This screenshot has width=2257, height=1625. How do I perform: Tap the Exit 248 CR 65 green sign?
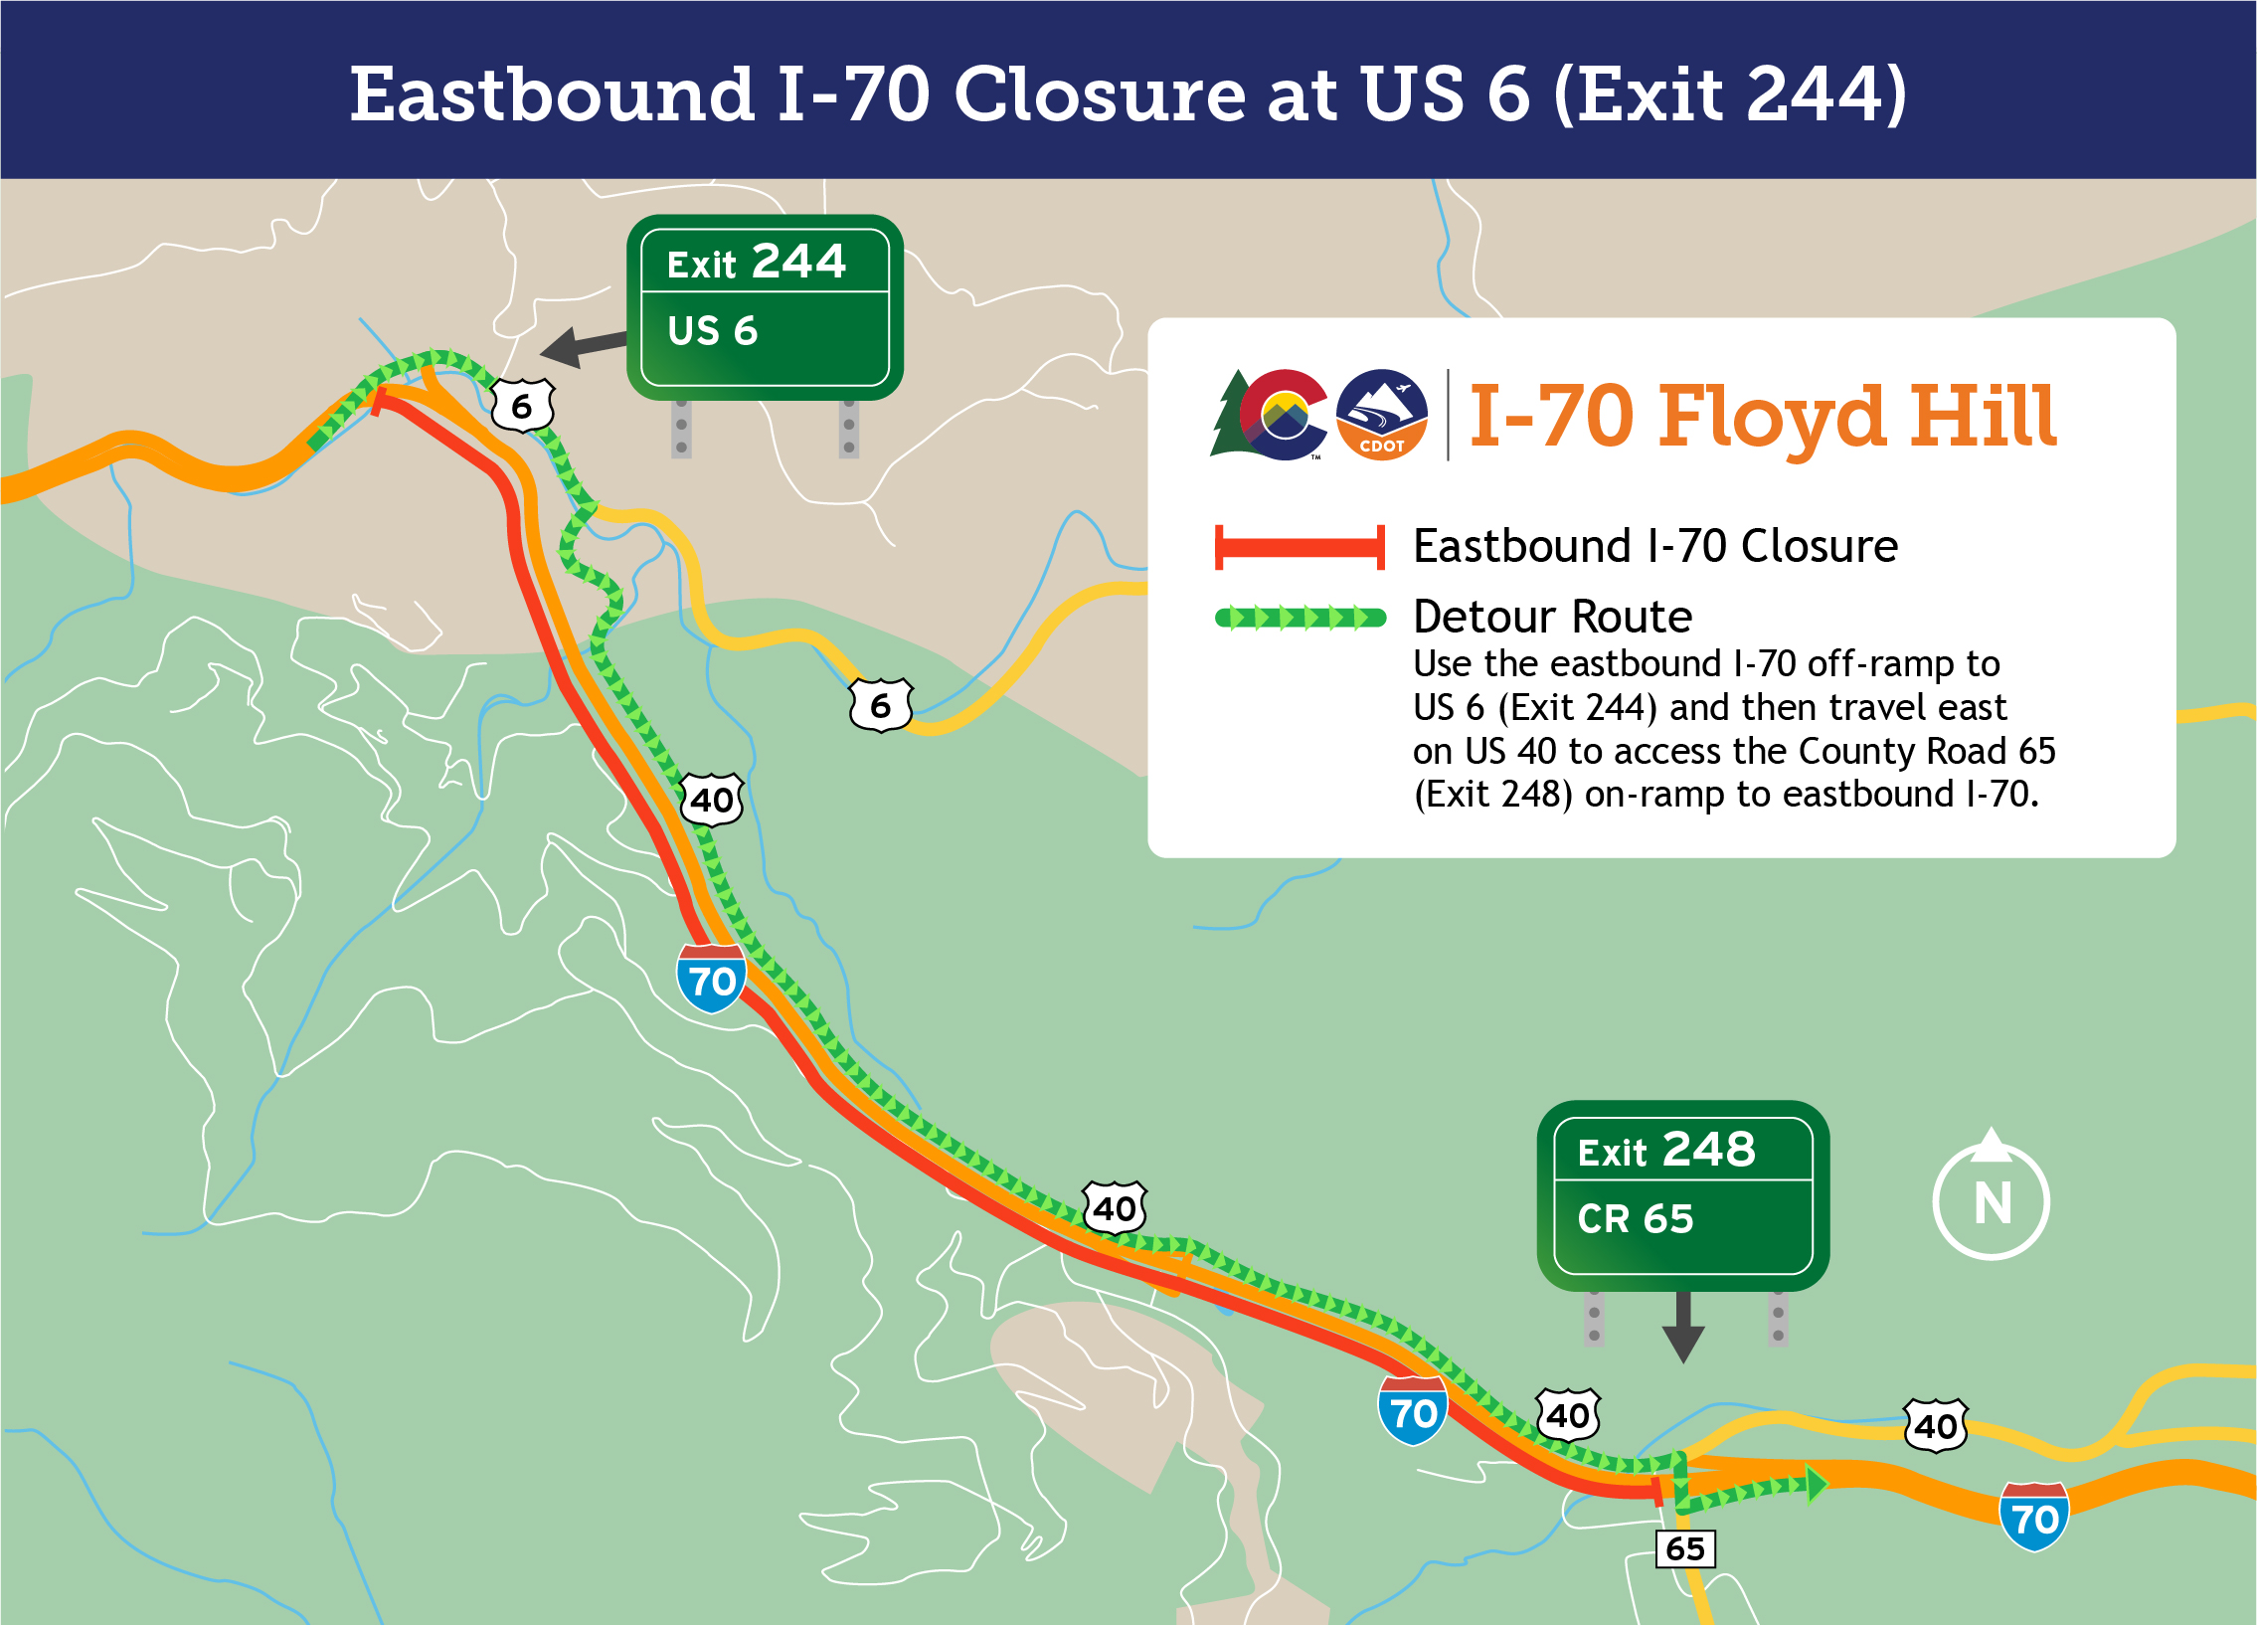tap(1681, 1195)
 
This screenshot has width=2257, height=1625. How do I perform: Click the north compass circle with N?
tap(1991, 1201)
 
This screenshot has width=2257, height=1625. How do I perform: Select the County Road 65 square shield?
tap(1684, 1548)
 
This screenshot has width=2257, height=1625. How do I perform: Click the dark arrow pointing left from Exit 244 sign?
tap(583, 346)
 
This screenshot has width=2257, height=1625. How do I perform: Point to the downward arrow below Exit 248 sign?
tap(1682, 1329)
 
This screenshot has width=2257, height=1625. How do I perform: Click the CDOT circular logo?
tap(1381, 415)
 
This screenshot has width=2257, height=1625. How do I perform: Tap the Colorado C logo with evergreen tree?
tap(1270, 415)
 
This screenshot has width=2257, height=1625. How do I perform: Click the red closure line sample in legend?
tap(1299, 547)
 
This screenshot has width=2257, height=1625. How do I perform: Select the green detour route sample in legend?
tap(1300, 618)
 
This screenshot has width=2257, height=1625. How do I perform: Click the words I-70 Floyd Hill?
tap(1762, 416)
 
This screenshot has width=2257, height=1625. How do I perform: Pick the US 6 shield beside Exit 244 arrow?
tap(522, 405)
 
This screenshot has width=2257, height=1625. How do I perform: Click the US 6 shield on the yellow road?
tap(881, 705)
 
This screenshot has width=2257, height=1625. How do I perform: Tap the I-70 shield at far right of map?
tap(2034, 1517)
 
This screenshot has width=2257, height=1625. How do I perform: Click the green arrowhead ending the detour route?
tap(1817, 1484)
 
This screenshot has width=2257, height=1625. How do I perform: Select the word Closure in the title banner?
tap(1099, 94)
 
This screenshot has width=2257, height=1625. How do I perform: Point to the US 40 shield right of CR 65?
tap(1935, 1426)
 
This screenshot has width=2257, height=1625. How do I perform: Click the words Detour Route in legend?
tap(1551, 617)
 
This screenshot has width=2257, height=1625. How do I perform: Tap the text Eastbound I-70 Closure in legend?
tap(1654, 546)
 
